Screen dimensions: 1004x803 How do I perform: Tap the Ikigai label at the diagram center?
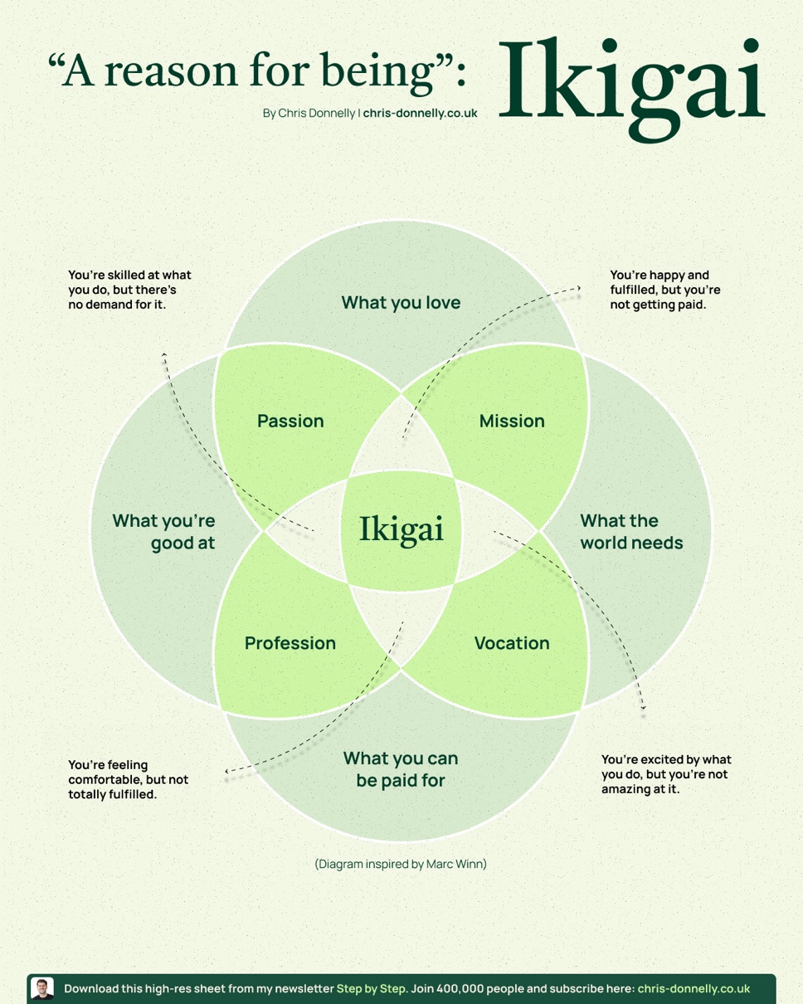click(x=401, y=529)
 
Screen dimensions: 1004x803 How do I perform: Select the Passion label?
click(x=290, y=421)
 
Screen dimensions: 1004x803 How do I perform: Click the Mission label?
click(x=512, y=421)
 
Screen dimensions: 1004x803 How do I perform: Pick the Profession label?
click(x=290, y=643)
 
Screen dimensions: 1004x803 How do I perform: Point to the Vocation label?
click(x=512, y=643)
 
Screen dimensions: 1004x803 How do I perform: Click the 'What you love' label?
click(x=401, y=302)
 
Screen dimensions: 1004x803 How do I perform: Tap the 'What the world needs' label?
click(x=630, y=532)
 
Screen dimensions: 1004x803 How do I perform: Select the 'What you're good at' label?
click(x=164, y=532)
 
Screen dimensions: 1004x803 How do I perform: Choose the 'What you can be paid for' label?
click(x=401, y=769)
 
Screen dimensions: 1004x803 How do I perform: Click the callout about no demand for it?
click(x=129, y=290)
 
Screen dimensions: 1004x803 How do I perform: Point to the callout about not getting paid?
click(x=665, y=290)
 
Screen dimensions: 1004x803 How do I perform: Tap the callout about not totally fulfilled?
click(x=129, y=779)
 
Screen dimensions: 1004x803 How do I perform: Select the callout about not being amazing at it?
click(x=666, y=773)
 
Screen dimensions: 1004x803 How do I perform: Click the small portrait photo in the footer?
click(x=42, y=988)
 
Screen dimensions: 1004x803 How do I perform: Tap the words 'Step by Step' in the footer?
click(x=372, y=988)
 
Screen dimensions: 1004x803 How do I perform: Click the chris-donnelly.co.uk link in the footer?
click(x=693, y=988)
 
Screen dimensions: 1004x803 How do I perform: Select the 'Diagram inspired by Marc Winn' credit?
click(x=401, y=864)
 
